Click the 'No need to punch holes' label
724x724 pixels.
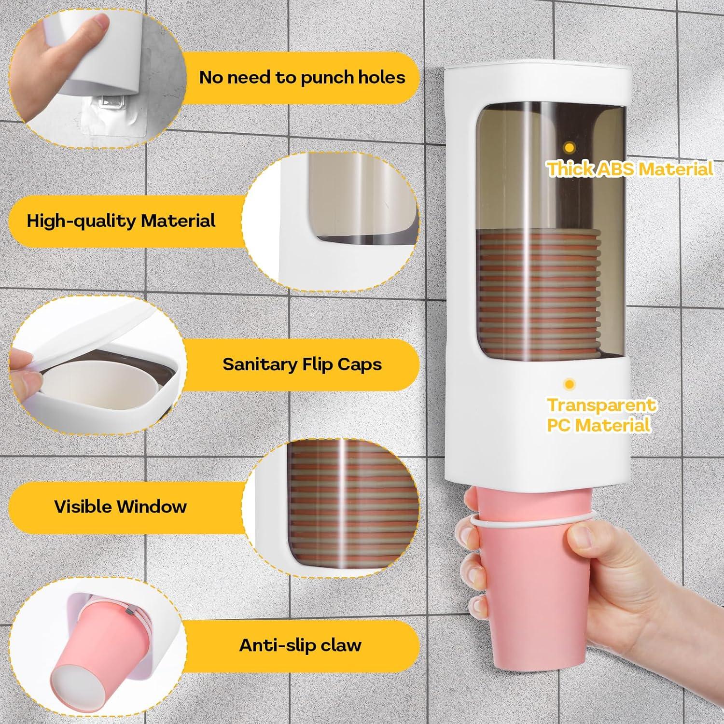click(302, 78)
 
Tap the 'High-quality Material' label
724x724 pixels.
click(121, 221)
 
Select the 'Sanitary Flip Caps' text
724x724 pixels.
click(302, 364)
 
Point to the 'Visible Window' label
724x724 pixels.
click(120, 506)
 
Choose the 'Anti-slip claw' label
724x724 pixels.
click(300, 645)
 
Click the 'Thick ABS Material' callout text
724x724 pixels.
click(630, 169)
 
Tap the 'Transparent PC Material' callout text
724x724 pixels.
click(601, 415)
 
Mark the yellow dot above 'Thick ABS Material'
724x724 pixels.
click(570, 147)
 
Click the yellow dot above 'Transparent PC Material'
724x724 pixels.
click(570, 384)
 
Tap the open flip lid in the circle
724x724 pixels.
click(97, 328)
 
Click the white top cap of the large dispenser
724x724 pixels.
click(536, 77)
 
